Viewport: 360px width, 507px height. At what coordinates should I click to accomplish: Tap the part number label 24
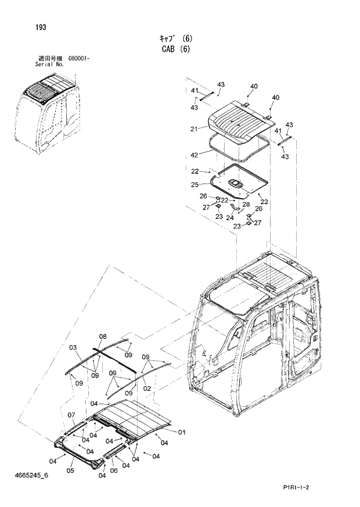point(229,218)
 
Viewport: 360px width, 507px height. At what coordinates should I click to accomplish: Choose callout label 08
point(103,337)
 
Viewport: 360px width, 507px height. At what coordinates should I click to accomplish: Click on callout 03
point(73,348)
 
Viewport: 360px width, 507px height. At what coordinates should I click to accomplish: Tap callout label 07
point(72,415)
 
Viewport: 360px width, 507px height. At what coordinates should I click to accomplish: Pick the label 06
point(114,470)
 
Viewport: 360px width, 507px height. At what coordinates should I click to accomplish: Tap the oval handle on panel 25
point(236,183)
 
